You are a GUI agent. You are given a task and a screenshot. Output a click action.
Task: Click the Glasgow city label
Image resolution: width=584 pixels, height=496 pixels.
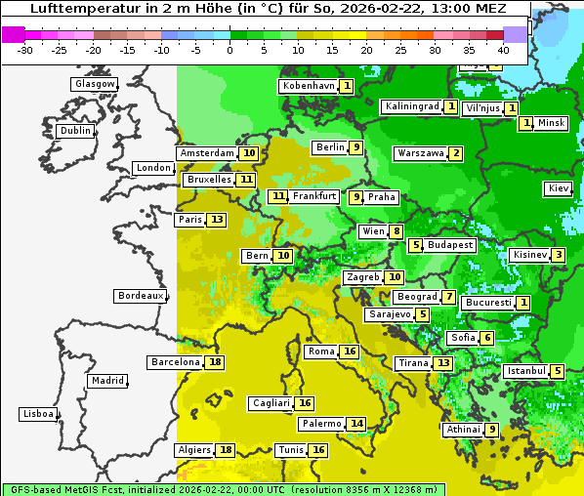(x=94, y=84)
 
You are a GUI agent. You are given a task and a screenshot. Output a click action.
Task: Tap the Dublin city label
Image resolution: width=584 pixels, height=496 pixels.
(x=74, y=131)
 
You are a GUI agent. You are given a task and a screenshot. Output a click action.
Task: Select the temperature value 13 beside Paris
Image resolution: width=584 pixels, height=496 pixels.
(x=216, y=220)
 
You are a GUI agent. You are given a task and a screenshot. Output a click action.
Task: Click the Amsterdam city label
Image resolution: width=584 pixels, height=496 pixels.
(x=207, y=153)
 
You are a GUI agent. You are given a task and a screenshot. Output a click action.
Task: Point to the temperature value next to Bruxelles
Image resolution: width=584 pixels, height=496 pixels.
(x=246, y=180)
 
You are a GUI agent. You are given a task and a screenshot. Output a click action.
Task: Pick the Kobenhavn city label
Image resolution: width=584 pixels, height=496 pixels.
(x=309, y=86)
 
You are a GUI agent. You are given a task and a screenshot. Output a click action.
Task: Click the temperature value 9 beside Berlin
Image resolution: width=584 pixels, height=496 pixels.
(x=357, y=147)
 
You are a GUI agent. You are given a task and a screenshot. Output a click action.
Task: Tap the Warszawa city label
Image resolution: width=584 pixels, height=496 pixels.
(x=421, y=153)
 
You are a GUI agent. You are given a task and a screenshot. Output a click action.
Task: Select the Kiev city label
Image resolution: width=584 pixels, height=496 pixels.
(x=559, y=188)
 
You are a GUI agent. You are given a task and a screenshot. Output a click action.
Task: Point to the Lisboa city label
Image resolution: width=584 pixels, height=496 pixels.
(x=37, y=414)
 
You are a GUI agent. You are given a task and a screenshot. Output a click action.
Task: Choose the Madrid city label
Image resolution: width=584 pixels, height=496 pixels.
(x=106, y=381)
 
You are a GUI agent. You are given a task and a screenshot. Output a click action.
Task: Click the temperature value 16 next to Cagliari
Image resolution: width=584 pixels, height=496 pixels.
(x=305, y=403)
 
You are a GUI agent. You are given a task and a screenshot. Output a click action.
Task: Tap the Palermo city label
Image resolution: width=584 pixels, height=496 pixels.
(x=321, y=424)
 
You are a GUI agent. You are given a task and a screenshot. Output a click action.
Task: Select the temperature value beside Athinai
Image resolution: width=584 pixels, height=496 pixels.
(x=492, y=430)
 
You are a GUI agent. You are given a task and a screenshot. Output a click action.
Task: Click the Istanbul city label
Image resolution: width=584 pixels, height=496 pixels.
(x=526, y=372)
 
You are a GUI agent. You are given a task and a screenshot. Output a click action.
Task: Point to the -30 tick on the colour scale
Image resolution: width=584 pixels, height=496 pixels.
(x=26, y=49)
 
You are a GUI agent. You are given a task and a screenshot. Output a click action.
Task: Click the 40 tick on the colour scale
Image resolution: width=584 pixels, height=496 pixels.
(x=503, y=49)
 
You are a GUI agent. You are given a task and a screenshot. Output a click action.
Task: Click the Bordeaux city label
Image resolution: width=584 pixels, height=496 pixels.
(x=140, y=296)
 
